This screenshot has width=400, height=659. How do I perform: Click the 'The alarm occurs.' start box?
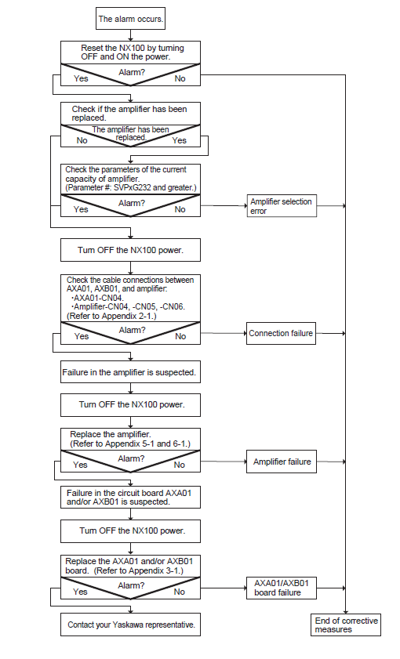(x=130, y=19)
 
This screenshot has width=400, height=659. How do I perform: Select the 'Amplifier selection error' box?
(x=282, y=206)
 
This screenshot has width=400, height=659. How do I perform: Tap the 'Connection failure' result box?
(x=281, y=333)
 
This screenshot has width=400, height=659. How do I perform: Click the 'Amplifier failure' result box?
(x=282, y=462)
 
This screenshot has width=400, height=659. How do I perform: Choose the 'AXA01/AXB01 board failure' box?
(x=282, y=588)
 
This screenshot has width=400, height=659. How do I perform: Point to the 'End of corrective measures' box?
(x=346, y=625)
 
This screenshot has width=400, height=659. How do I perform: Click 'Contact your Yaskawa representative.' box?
(x=130, y=625)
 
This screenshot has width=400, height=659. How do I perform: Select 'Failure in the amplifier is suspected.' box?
(x=130, y=372)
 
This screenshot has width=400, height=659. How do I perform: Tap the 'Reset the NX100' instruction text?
(x=132, y=53)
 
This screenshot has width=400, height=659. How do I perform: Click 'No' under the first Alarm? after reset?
(x=180, y=78)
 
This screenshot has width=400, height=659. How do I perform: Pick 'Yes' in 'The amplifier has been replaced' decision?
(x=179, y=140)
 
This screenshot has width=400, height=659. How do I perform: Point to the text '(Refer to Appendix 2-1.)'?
(x=111, y=316)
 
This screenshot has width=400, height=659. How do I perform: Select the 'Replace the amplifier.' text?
(x=111, y=434)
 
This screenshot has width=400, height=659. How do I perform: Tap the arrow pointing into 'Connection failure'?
(x=224, y=333)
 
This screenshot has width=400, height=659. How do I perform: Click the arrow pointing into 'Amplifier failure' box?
(x=224, y=462)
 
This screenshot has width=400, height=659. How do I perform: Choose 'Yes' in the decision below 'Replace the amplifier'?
(x=80, y=465)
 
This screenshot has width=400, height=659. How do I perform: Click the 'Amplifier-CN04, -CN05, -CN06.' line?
(x=129, y=307)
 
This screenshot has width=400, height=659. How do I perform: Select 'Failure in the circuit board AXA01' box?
(x=130, y=497)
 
